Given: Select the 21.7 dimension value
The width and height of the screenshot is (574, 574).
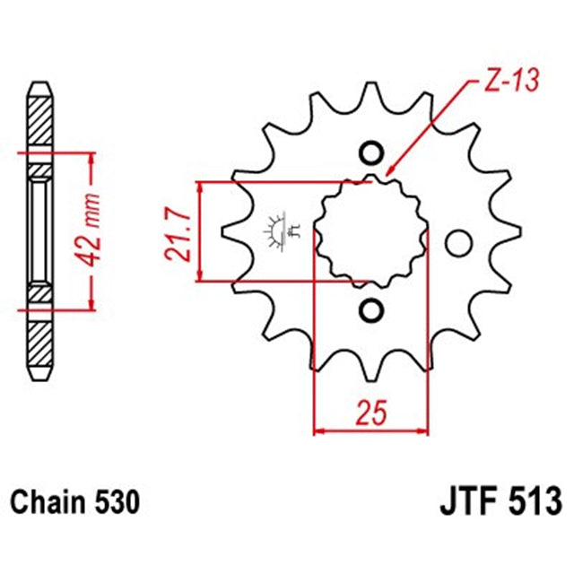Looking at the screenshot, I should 178,233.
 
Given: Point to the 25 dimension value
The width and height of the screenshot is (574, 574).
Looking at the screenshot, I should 370,413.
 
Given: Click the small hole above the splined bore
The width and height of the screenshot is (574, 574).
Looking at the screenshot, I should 370,152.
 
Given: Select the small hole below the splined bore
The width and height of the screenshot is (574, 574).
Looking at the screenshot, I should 370,310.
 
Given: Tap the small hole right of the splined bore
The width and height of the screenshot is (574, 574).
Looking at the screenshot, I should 458,242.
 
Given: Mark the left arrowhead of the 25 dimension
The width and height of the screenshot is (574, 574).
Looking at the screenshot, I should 319,431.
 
